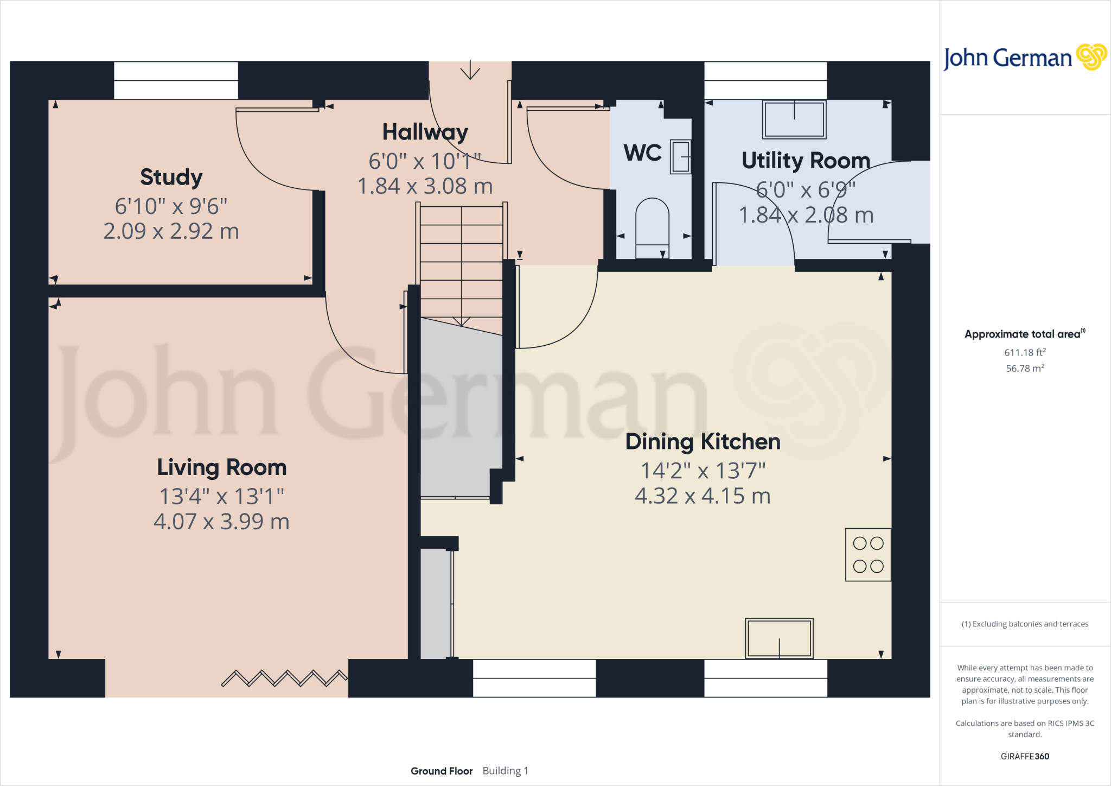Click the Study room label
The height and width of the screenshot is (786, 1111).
[171, 178]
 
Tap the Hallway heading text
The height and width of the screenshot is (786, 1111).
[425, 132]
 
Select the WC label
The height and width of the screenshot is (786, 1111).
[642, 153]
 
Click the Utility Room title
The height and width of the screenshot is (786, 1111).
[806, 161]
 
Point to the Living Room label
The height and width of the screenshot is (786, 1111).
[221, 467]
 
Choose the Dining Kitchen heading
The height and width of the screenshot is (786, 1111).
[703, 442]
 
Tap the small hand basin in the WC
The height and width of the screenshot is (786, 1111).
[680, 157]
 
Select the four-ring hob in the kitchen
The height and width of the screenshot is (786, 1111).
[868, 555]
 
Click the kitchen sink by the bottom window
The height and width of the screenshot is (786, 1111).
[779, 638]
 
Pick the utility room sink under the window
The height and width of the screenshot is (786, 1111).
[794, 119]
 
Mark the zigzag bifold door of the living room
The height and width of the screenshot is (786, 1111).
[284, 678]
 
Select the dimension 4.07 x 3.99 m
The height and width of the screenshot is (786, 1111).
[221, 522]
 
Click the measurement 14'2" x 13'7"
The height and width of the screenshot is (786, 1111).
[703, 471]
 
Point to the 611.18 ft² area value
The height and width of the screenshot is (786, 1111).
[1024, 353]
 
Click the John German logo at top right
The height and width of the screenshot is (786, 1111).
[1024, 58]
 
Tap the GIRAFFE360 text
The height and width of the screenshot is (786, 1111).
[1024, 756]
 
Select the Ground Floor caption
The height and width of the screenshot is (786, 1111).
[442, 771]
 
